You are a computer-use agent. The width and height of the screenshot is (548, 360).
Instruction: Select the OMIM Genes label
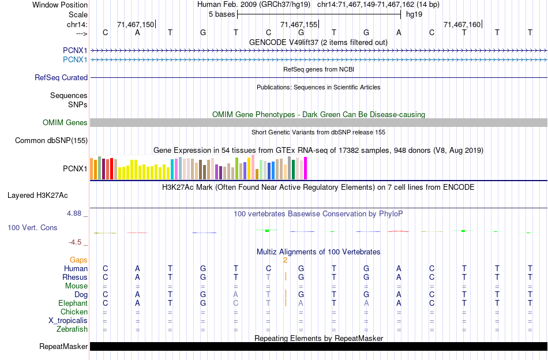(x=65, y=122)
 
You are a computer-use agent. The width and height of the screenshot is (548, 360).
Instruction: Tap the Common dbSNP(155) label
(x=51, y=140)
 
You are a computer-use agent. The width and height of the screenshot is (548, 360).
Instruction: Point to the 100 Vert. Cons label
(x=32, y=228)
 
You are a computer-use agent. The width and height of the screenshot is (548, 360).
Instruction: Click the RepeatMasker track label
(x=63, y=347)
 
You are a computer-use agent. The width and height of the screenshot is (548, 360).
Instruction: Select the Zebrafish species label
(x=73, y=329)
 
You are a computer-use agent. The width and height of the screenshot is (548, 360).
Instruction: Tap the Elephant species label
(x=73, y=303)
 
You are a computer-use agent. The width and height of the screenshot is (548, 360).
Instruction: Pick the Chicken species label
(x=74, y=312)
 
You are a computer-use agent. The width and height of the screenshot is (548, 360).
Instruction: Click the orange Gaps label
(x=78, y=260)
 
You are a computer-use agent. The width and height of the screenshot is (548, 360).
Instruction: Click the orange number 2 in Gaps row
(x=285, y=260)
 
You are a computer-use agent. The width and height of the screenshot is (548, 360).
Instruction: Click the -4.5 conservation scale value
(x=76, y=242)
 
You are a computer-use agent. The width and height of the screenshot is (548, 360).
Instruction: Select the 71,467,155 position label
(x=299, y=24)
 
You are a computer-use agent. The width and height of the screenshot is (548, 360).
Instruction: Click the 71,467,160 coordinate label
(x=461, y=24)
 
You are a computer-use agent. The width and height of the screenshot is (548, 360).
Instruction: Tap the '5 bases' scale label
(x=222, y=14)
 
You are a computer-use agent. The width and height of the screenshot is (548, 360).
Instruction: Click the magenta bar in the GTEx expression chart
(x=305, y=168)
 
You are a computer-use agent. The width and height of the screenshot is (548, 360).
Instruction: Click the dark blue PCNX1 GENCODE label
(x=75, y=51)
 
